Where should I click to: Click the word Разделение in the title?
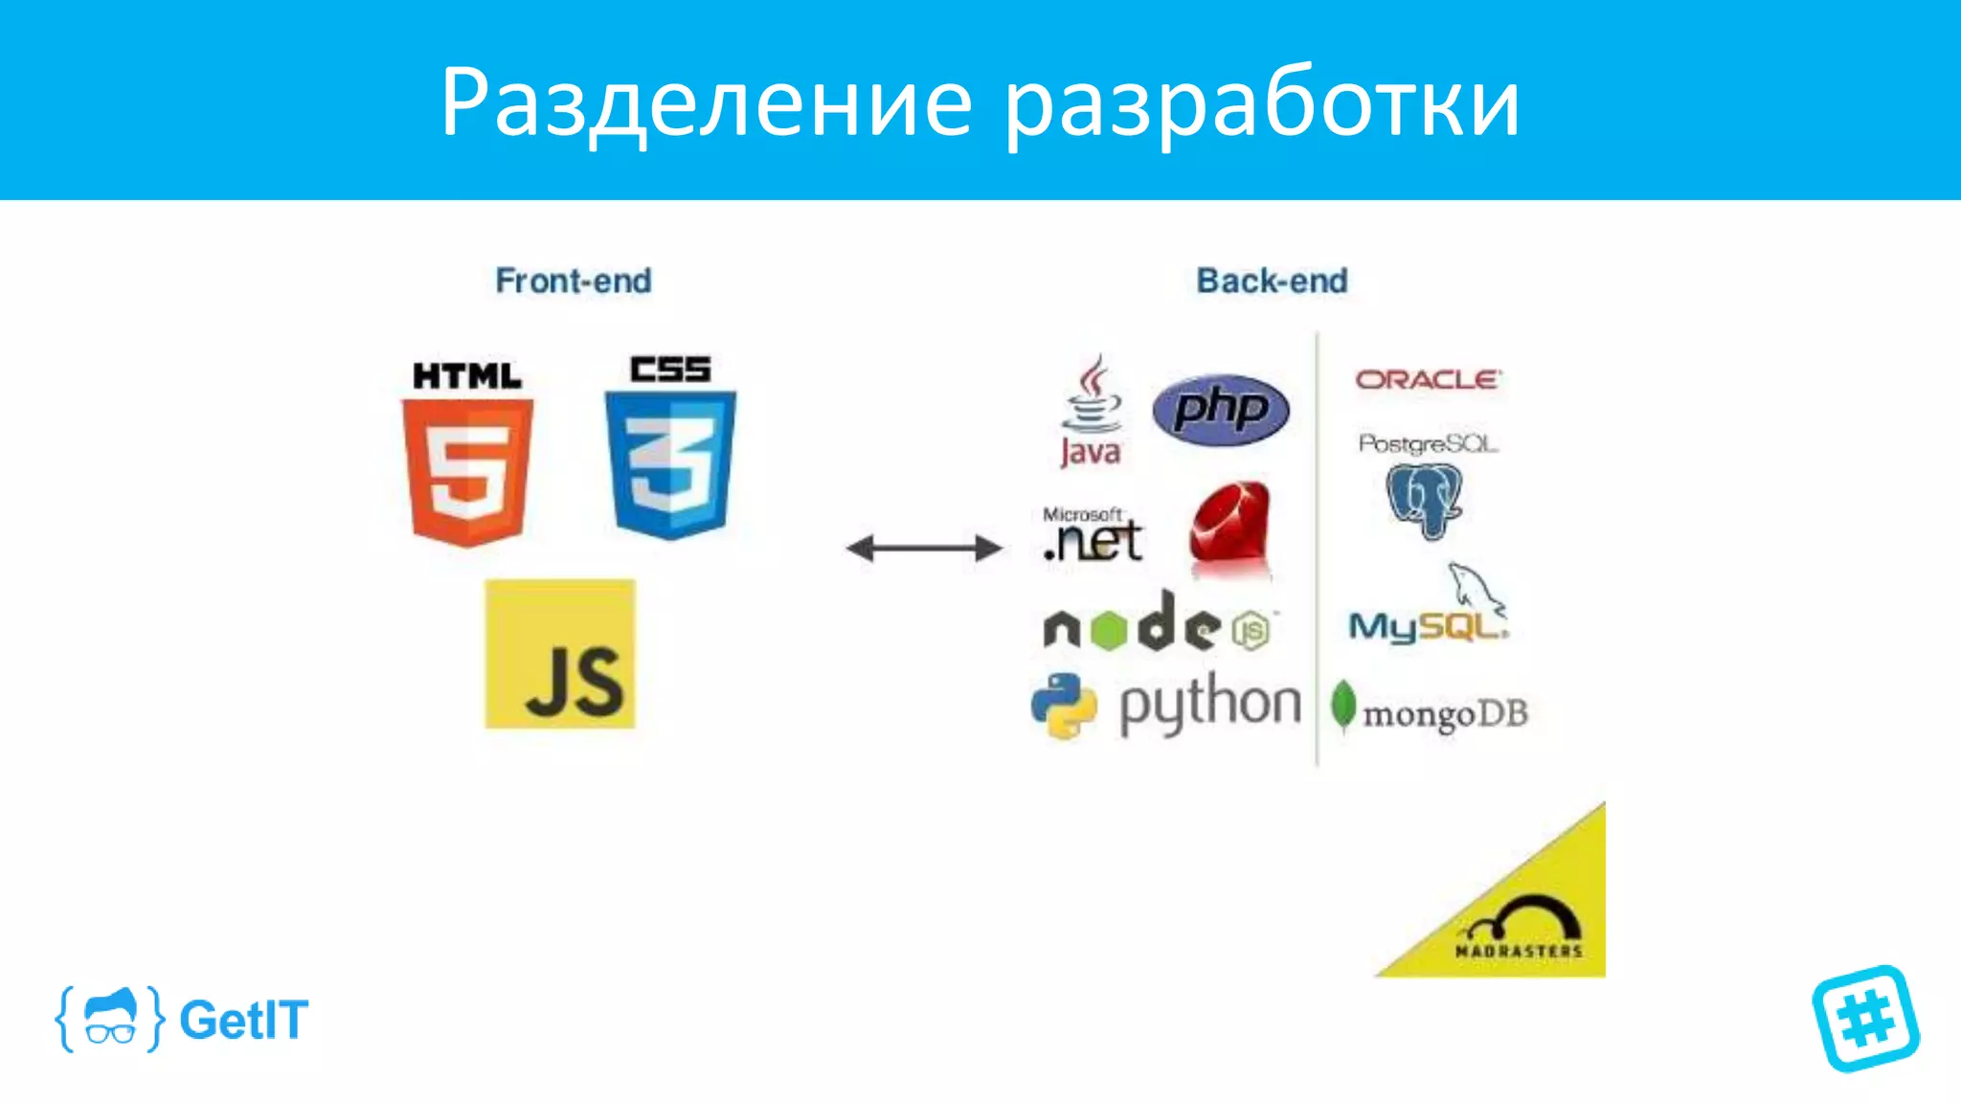click(x=707, y=103)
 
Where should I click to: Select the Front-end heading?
click(x=574, y=281)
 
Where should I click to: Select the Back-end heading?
click(x=1272, y=281)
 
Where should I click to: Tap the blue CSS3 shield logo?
click(x=670, y=463)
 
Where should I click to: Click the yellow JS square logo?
click(x=560, y=654)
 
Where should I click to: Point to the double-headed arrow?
click(x=924, y=548)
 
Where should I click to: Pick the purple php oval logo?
click(x=1221, y=410)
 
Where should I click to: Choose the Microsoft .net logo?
click(x=1093, y=536)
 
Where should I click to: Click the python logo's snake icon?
click(x=1064, y=706)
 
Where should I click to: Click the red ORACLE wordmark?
click(x=1427, y=380)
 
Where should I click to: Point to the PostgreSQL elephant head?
click(x=1425, y=498)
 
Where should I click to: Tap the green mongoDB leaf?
click(x=1343, y=707)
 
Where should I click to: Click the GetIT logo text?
click(x=243, y=1020)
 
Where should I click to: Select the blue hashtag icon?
click(x=1865, y=1018)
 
